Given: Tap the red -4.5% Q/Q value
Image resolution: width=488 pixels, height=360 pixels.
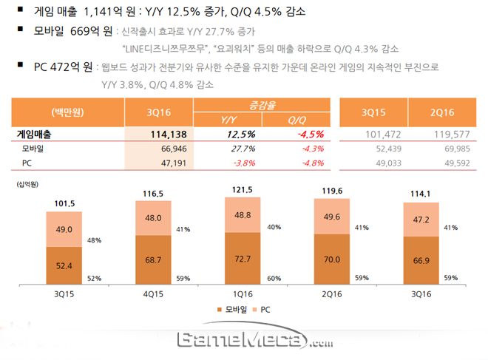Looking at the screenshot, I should (x=298, y=135).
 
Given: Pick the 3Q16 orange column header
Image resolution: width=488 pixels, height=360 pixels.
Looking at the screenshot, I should (x=159, y=112).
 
